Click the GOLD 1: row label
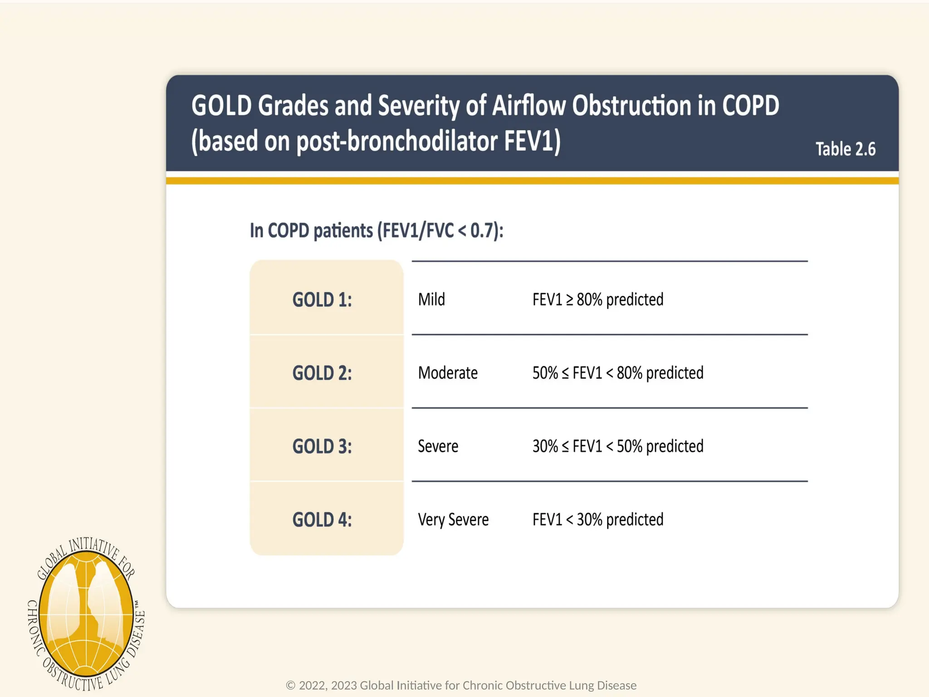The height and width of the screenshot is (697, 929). [x=322, y=300]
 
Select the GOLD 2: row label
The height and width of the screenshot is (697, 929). [x=322, y=373]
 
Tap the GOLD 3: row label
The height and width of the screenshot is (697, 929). [x=322, y=447]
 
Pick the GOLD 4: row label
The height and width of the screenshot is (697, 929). [x=322, y=520]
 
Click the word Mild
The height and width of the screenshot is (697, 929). [x=431, y=299]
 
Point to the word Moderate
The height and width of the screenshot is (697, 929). [x=448, y=373]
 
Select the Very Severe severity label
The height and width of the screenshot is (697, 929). [x=453, y=520]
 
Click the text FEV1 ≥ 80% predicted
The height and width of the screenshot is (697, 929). [x=598, y=299]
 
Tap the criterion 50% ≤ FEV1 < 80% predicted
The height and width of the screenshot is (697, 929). [x=618, y=373]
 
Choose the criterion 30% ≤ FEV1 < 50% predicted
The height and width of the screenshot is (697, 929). [x=618, y=447]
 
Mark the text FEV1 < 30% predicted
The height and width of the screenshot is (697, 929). [x=598, y=520]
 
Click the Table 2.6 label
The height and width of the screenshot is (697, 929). [x=846, y=149]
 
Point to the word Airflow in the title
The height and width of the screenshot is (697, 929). [x=529, y=106]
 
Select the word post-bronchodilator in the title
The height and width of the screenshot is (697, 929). [x=397, y=141]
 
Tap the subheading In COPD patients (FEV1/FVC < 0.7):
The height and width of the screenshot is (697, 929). [x=376, y=231]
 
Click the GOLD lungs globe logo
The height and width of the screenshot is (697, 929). [x=86, y=615]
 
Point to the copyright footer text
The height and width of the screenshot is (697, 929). [x=461, y=685]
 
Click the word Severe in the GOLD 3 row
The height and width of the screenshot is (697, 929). [x=438, y=447]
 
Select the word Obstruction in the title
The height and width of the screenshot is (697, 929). [x=631, y=106]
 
